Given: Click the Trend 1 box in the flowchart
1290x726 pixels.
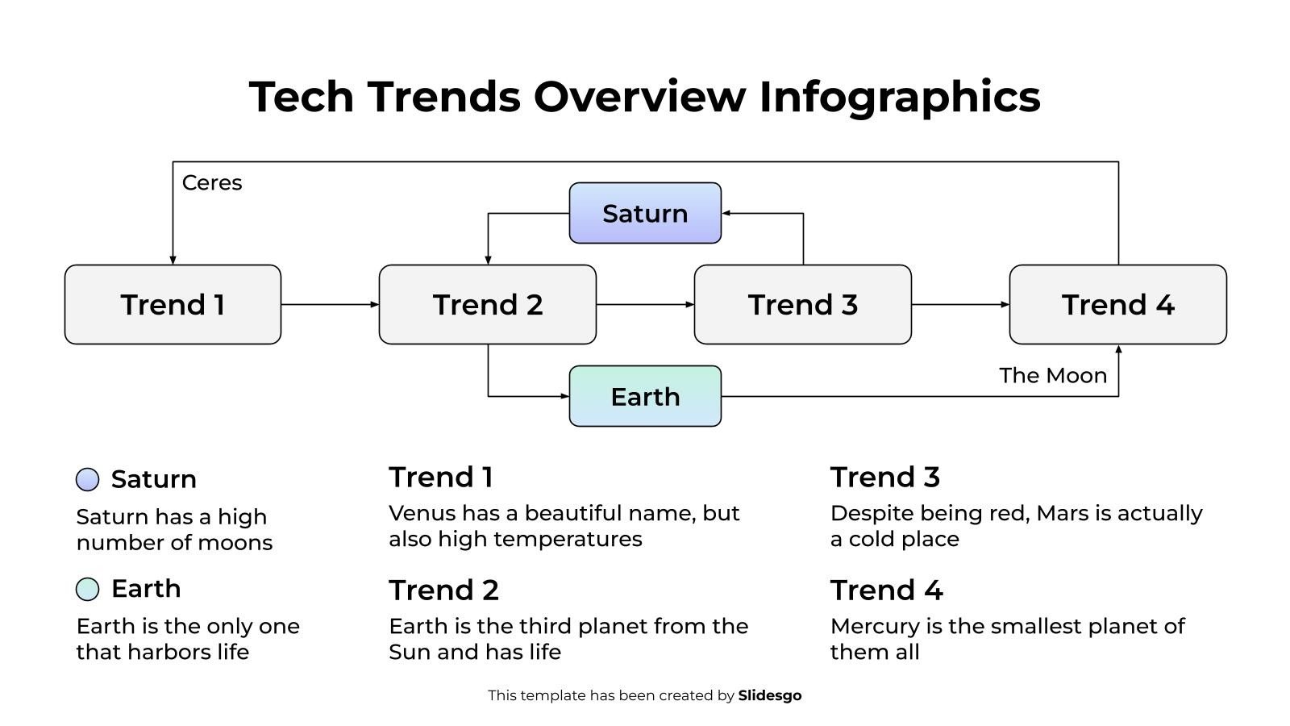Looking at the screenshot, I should tap(173, 305).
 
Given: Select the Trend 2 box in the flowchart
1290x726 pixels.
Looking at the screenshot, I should tap(487, 305).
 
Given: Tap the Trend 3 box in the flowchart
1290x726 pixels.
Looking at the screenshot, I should tap(802, 305).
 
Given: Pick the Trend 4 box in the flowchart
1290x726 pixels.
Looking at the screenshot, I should tap(1117, 305).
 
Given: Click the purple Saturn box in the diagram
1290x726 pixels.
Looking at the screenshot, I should tap(645, 213).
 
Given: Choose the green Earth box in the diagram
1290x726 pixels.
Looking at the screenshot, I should tap(645, 396).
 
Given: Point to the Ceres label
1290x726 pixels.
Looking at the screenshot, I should tap(212, 183).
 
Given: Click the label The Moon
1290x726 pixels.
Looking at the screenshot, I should tap(1052, 375).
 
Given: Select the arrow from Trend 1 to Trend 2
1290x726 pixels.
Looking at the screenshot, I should tap(329, 305).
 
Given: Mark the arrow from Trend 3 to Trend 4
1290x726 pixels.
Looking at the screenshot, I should tap(959, 305).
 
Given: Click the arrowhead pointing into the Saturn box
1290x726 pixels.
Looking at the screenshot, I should tap(726, 213).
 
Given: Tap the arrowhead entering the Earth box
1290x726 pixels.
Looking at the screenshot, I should tap(564, 396).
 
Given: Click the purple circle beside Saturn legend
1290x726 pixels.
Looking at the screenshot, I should tap(87, 479).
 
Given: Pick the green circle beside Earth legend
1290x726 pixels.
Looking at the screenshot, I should tap(87, 589).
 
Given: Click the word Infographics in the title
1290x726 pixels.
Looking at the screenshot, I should tap(899, 97).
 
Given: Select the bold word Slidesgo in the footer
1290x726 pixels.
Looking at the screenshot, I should tap(769, 695).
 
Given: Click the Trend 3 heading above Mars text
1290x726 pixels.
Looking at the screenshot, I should tap(884, 477).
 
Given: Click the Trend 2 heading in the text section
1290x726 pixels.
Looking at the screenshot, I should tap(443, 590).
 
